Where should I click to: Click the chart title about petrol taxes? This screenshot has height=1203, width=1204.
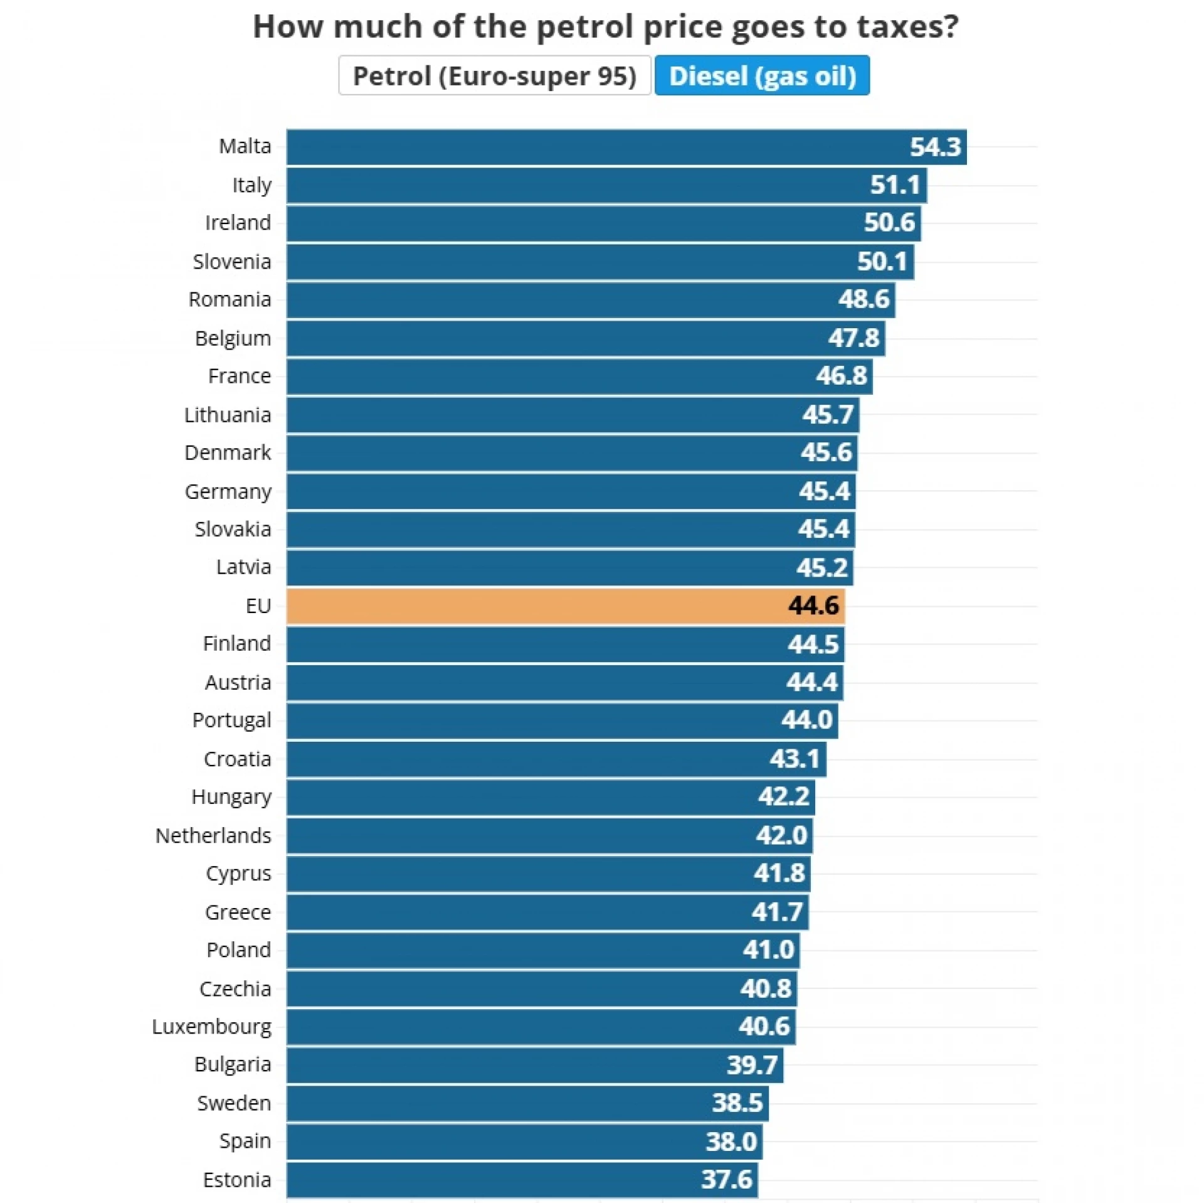tap(605, 27)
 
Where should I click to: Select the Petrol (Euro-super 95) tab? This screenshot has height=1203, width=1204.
tap(494, 76)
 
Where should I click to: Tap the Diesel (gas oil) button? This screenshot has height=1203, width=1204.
tap(762, 76)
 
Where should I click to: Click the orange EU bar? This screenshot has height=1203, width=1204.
tap(564, 606)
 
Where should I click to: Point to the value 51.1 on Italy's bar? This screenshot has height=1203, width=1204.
tap(895, 185)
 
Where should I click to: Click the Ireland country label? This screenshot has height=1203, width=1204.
tap(238, 223)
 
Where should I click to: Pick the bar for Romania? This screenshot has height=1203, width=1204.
tap(590, 300)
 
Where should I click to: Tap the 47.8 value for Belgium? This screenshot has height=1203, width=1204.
tap(853, 338)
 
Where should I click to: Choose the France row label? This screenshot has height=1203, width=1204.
tap(240, 376)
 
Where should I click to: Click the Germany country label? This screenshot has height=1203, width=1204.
tap(228, 491)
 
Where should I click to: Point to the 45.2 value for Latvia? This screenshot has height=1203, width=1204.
tap(822, 568)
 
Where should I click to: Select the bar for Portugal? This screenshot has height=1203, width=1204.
tap(562, 720)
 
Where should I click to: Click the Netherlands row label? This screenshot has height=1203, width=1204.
tap(213, 835)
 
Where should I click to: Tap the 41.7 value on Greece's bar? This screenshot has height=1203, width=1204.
tap(778, 912)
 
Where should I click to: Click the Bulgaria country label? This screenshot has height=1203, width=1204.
tap(233, 1064)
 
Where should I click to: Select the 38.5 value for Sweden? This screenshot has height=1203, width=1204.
tap(737, 1103)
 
